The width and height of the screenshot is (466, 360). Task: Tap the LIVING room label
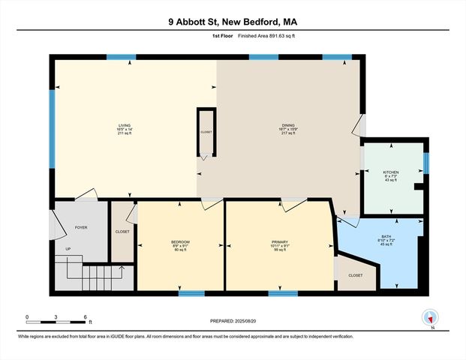[125, 129]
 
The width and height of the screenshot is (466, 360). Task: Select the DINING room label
[288, 129]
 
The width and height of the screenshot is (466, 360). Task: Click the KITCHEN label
[390, 175]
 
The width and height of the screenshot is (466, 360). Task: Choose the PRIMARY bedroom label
[281, 245]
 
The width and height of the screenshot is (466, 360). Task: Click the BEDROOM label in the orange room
[181, 245]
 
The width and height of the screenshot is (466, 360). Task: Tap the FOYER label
[81, 226]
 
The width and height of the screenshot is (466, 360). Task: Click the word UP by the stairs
[68, 249]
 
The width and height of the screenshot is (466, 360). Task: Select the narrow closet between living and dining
[206, 132]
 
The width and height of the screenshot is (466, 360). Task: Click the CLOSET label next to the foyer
[122, 232]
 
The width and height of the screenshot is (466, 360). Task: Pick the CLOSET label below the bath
[356, 275]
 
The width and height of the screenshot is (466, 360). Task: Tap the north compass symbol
[430, 317]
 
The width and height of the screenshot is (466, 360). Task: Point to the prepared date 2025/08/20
[232, 321]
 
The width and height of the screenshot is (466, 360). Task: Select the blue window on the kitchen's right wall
[426, 163]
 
